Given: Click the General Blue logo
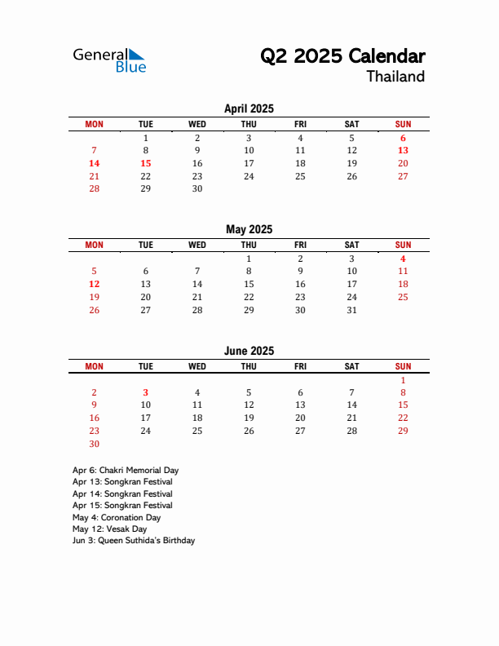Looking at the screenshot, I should pos(109,60).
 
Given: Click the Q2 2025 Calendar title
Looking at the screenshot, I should pos(342,56).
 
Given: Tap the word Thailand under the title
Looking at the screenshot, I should pos(395,77).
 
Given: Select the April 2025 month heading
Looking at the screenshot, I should pos(249,108).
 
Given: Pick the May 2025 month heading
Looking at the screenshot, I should pos(249,229).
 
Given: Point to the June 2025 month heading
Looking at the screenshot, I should pos(249,351).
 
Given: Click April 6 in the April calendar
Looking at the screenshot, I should pos(403,138).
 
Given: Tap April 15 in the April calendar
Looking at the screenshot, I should pos(146,163).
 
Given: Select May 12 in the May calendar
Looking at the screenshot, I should pos(95,284).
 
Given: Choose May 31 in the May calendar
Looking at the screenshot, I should pos(351,310).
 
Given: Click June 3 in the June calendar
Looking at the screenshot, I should pos(146,392).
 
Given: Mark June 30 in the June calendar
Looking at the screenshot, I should pos(95,444).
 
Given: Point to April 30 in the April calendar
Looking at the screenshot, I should pos(197,188).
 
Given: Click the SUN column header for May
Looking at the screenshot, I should pos(403,245).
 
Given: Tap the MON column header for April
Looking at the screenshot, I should pos(95,124).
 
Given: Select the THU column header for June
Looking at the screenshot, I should pos(249,366).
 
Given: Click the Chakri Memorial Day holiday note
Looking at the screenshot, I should pos(126,470).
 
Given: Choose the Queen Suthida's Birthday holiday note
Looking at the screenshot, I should pos(134,540).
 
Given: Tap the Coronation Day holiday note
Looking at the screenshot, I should pos(117,517).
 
